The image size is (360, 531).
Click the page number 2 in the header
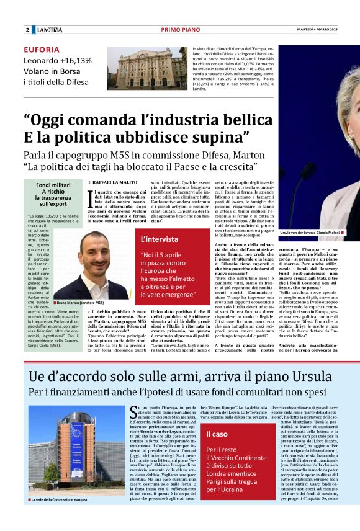[x=27, y=30]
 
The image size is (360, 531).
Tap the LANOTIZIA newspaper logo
[x=49, y=30]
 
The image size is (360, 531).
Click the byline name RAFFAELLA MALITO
[x=116, y=182]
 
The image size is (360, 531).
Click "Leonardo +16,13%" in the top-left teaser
[x=57, y=61]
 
